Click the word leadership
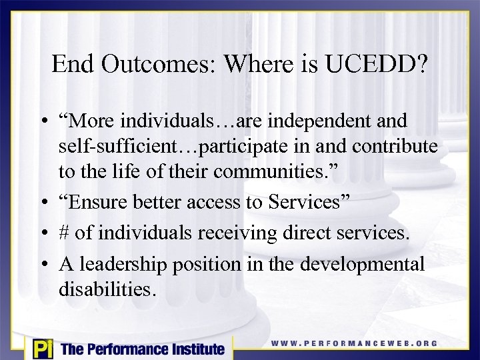[x=122, y=265]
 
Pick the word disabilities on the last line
[x=107, y=289]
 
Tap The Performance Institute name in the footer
[x=143, y=349]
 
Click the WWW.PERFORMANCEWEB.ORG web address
[x=355, y=344]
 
